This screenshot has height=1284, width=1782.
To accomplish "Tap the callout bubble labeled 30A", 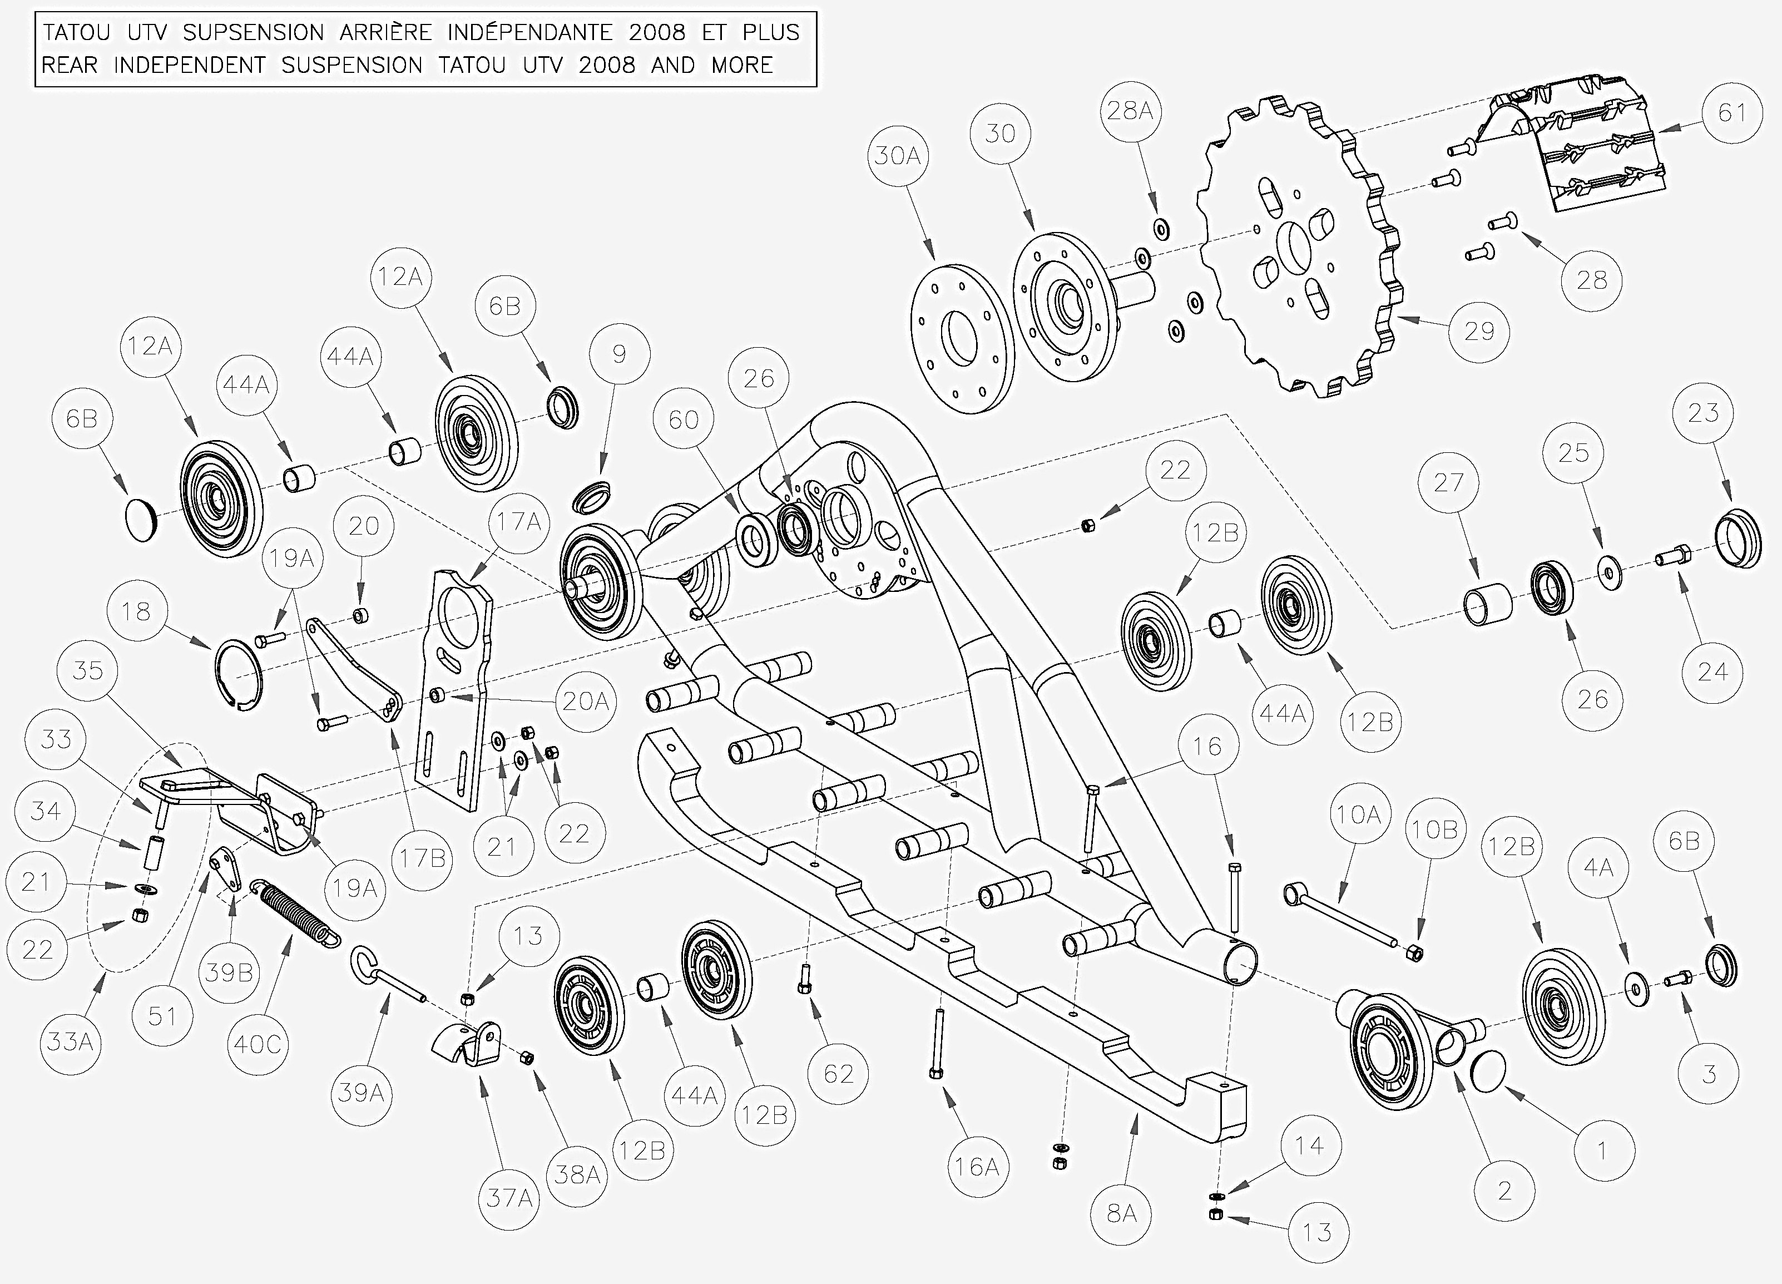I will coord(897,156).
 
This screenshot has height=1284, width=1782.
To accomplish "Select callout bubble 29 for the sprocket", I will coord(1479,332).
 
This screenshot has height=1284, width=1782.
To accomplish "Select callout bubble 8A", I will coord(1121,1214).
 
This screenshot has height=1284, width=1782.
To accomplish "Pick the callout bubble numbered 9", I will coord(619,354).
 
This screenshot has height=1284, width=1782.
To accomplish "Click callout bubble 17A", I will coord(518,522).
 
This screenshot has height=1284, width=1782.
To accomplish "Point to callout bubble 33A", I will coord(71,1043).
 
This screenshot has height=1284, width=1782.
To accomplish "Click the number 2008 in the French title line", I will coord(657,32).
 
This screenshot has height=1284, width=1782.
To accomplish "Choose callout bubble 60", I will coord(683,419).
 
